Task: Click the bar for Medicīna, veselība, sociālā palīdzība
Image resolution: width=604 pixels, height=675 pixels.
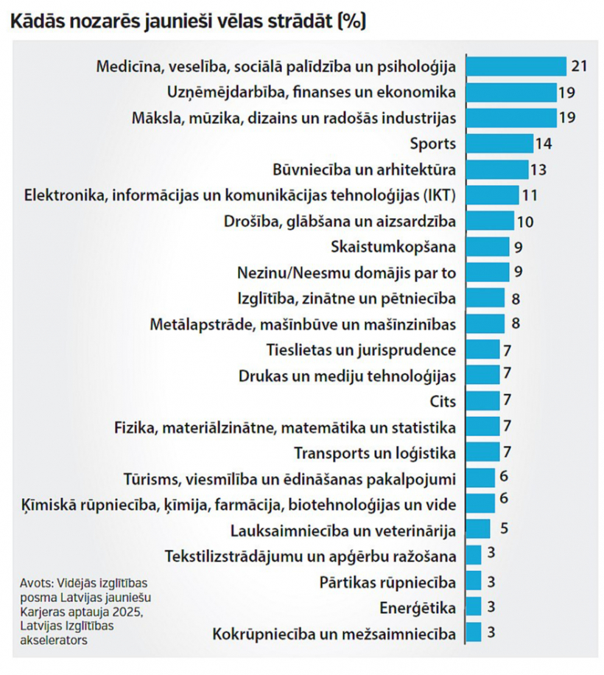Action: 516,66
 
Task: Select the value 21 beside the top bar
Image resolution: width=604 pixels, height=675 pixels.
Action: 578,67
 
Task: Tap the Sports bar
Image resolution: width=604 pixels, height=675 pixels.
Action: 499,144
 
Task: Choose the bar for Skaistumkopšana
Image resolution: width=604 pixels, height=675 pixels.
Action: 487,246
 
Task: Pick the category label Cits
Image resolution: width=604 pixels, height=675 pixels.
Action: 442,401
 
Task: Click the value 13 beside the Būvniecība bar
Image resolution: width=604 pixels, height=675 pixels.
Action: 538,170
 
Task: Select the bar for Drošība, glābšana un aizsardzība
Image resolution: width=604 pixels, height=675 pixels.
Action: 490,221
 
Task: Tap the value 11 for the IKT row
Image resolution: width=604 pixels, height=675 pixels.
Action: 530,195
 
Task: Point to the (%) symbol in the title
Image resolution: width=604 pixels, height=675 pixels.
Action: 351,22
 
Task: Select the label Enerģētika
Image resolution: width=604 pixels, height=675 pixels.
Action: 418,607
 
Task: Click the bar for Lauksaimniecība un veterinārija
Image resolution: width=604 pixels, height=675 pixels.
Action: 478,529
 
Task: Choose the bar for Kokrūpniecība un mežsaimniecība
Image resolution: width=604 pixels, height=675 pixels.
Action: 474,632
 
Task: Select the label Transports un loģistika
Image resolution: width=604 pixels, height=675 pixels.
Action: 375,452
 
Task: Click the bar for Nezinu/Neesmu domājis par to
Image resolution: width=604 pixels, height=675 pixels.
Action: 487,272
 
